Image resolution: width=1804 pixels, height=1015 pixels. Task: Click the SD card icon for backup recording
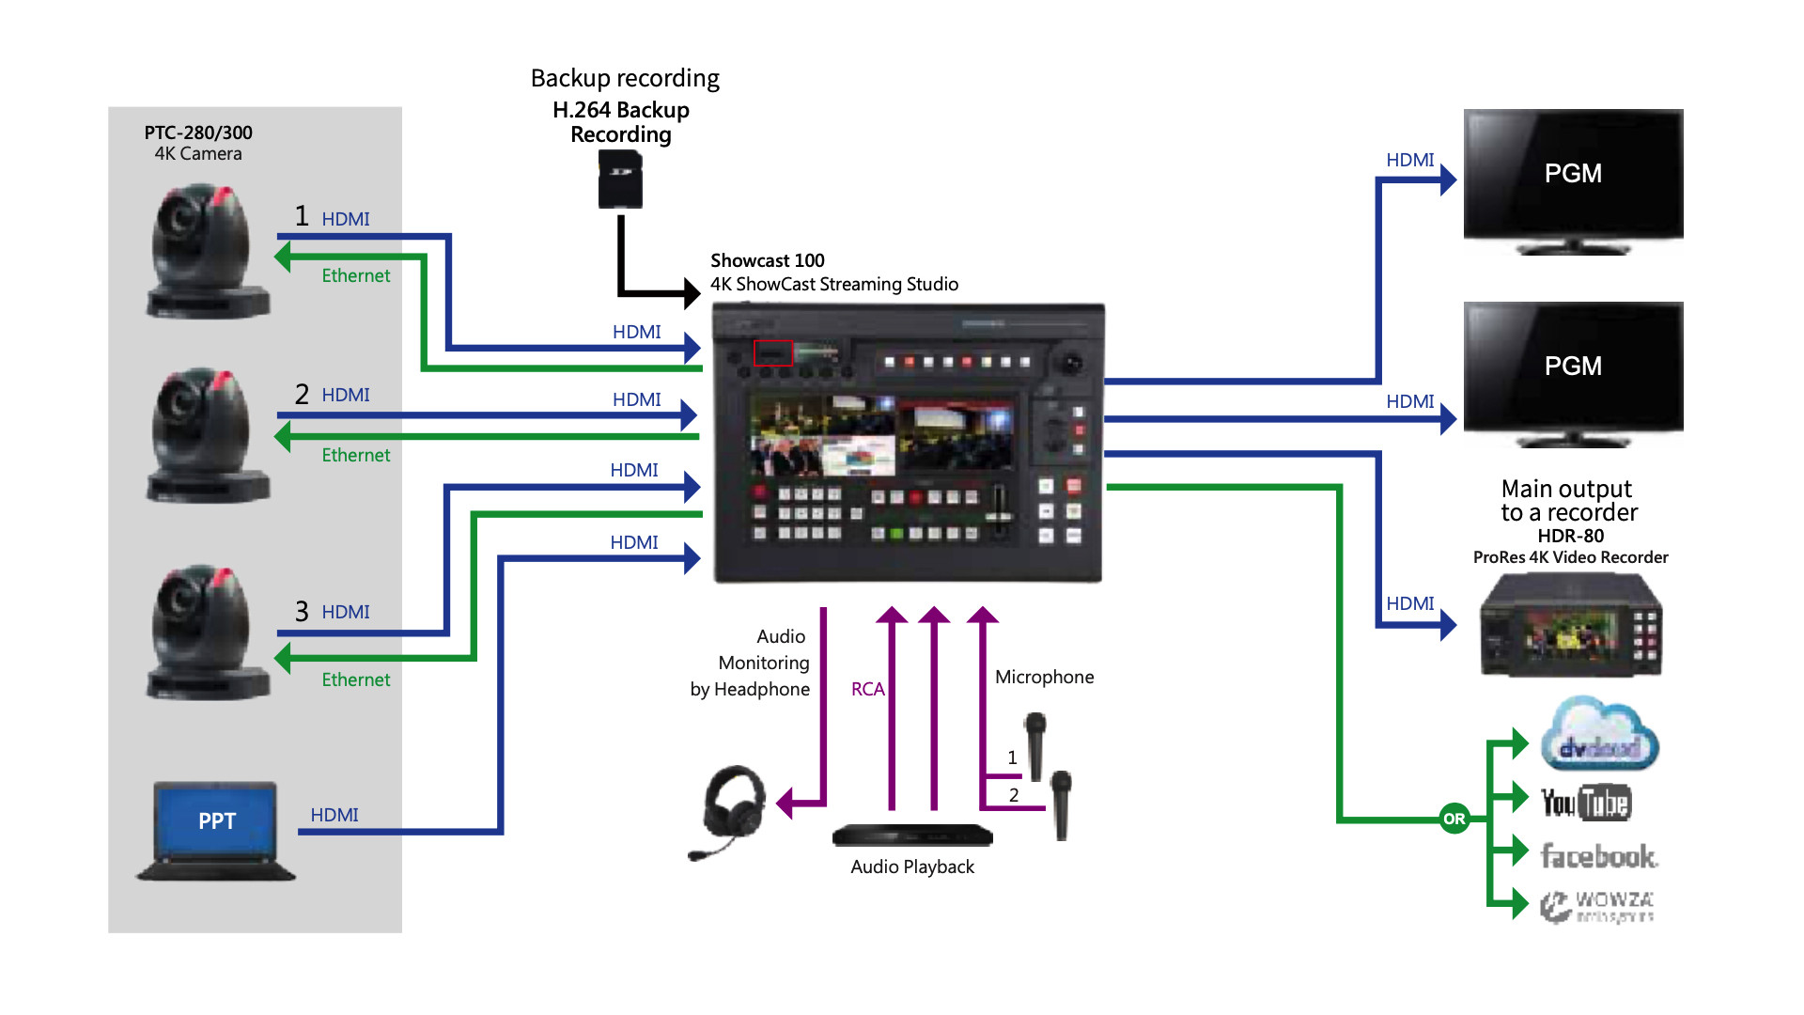(620, 180)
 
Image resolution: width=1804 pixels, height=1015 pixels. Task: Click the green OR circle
(1454, 819)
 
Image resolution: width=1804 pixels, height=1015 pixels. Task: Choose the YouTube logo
(1586, 803)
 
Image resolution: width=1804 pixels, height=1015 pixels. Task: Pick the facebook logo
(1598, 856)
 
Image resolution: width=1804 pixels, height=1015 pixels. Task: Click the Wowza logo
(1597, 906)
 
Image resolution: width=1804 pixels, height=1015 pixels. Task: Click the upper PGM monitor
(1573, 179)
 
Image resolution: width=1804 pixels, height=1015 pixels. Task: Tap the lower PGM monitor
(1573, 370)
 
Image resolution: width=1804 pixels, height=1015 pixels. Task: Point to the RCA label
(867, 689)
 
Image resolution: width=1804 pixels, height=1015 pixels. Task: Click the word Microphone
(1044, 677)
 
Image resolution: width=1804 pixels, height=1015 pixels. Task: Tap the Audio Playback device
(911, 835)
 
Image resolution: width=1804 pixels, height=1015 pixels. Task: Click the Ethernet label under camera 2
(355, 455)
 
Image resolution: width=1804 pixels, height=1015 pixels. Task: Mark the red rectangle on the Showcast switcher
(773, 352)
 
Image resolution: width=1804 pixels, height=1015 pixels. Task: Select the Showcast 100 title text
(767, 260)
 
